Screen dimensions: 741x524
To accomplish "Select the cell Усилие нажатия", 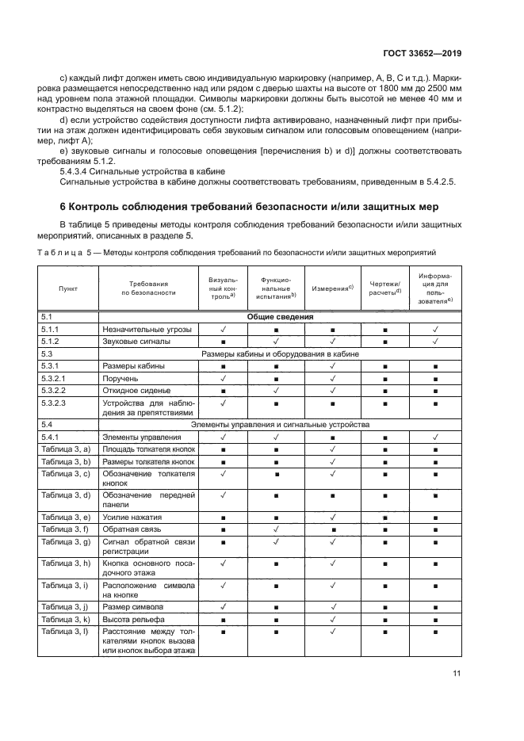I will click(131, 517).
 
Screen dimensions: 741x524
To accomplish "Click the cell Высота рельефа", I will click(131, 618).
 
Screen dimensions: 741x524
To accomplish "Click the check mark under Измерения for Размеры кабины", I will click(332, 366).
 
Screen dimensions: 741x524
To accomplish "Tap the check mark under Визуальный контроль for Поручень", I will click(224, 379).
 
